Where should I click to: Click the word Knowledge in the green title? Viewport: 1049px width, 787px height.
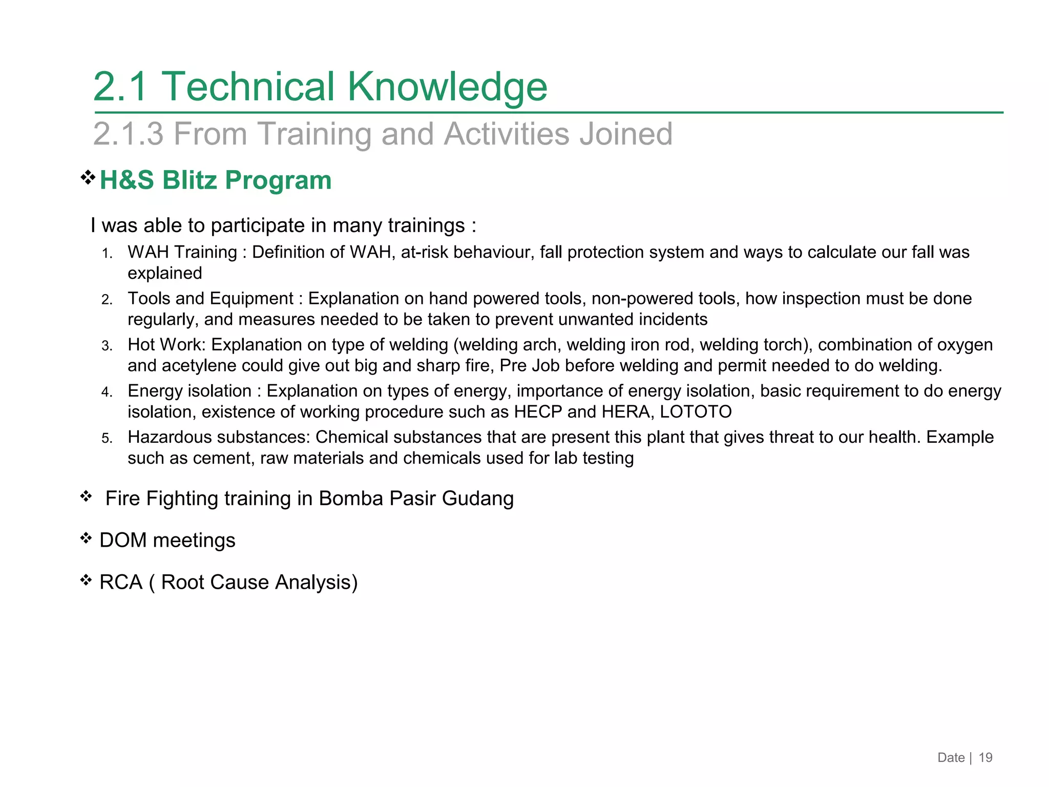[x=447, y=86]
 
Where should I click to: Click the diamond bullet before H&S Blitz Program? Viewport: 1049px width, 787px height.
[x=88, y=178]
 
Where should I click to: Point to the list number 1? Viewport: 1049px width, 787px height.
[x=107, y=254]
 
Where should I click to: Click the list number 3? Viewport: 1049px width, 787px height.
[x=107, y=346]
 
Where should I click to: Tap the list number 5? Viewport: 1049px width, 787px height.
[x=107, y=439]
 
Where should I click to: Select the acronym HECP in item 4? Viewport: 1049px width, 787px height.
[x=538, y=412]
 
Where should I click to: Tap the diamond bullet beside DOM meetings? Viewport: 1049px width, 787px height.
[x=86, y=538]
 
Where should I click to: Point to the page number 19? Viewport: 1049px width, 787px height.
[x=985, y=758]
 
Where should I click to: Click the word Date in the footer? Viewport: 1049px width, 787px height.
[x=951, y=758]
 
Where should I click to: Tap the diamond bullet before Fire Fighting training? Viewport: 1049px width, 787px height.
[x=86, y=496]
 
